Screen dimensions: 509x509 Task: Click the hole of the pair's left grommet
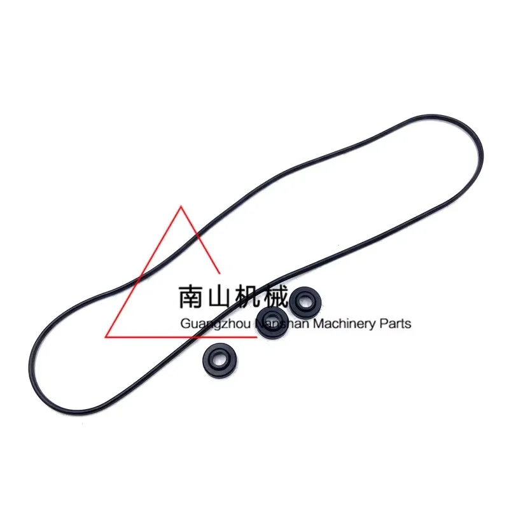[x=272, y=319]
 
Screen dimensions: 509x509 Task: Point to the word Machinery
[x=345, y=324]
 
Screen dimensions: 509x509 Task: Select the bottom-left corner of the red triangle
[x=106, y=337]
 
